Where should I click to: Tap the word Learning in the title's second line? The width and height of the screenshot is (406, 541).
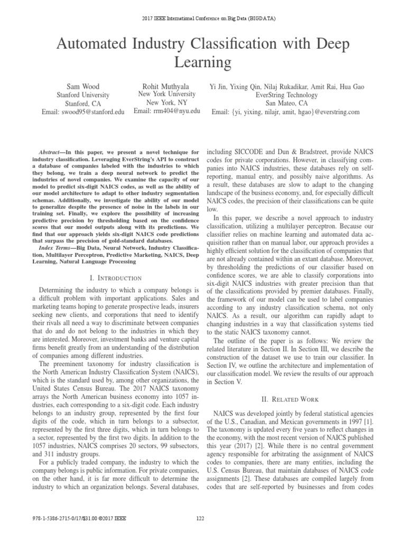(202, 63)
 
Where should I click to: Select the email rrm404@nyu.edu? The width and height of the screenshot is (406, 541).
(167, 111)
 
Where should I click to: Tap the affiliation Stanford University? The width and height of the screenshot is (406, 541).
(83, 95)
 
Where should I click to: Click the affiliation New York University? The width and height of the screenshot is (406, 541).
(167, 94)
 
